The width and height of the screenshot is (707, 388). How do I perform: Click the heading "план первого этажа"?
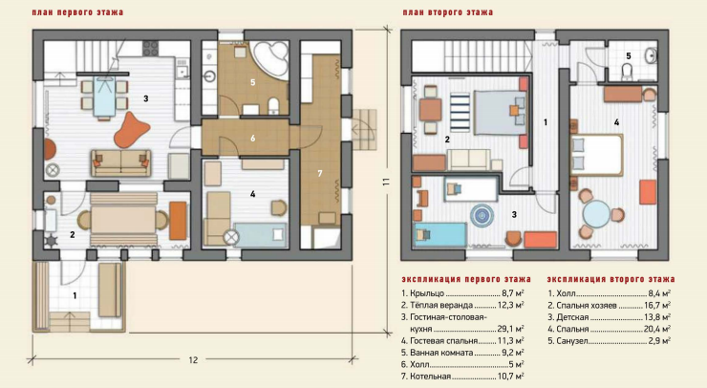pyautogui.click(x=77, y=12)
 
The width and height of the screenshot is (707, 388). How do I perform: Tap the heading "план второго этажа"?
pyautogui.click(x=448, y=12)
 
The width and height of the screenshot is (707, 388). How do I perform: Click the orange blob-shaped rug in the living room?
pyautogui.click(x=131, y=130)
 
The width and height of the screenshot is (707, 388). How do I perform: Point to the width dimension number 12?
pyautogui.click(x=193, y=360)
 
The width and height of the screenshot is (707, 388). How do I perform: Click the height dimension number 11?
pyautogui.click(x=386, y=182)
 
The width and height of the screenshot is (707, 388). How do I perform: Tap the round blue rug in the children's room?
pyautogui.click(x=482, y=215)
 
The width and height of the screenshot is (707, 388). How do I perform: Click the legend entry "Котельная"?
pyautogui.click(x=430, y=376)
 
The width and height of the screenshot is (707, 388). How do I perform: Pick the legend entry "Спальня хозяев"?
pyautogui.click(x=587, y=306)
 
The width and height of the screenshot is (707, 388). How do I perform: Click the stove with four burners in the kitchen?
pyautogui.click(x=151, y=49)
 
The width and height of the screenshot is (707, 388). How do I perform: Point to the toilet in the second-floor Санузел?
pyautogui.click(x=627, y=73)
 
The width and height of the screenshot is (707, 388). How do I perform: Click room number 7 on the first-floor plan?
pyautogui.click(x=320, y=173)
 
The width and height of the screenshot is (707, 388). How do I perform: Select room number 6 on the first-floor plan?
pyautogui.click(x=253, y=138)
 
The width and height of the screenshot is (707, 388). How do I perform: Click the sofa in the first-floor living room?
pyautogui.click(x=120, y=163)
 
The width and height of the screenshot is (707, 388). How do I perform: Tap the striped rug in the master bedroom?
pyautogui.click(x=460, y=111)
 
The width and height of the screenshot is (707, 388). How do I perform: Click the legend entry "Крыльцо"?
pyautogui.click(x=427, y=293)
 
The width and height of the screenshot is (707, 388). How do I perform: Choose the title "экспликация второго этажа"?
pyautogui.click(x=611, y=279)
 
